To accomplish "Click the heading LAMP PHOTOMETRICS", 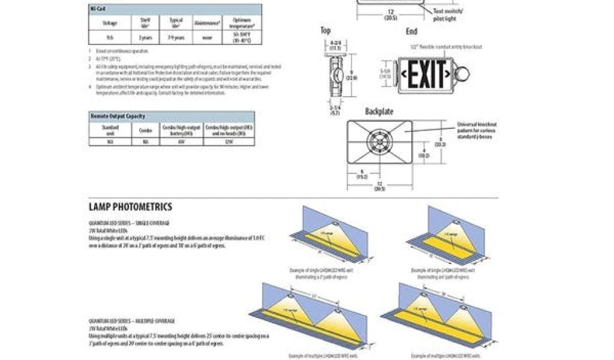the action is coord(130,207).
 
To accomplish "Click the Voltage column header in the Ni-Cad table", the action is coord(110,23).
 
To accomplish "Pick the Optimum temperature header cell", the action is coord(242,23).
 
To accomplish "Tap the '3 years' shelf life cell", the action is coord(145,37).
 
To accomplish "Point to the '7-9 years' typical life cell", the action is coord(176,37).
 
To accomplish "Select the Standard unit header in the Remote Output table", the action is coord(110,129).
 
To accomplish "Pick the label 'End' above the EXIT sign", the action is coord(411,31).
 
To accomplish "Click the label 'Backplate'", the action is coord(380,112).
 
